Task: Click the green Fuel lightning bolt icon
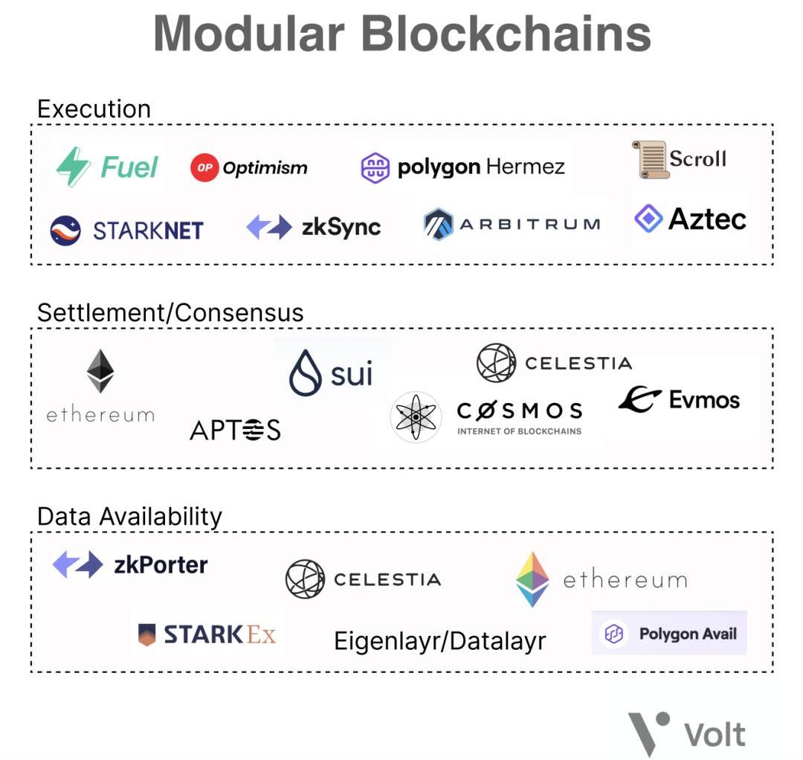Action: [73, 167]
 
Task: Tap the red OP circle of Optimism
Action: [204, 167]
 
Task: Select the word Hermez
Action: [525, 167]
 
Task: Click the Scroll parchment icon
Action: [650, 160]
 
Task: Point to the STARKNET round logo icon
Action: [65, 231]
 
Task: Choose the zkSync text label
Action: [341, 227]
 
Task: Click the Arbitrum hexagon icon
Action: [439, 225]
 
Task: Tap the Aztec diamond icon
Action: [648, 218]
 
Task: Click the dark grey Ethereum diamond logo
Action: [100, 371]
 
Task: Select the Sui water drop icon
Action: [306, 373]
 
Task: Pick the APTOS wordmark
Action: [235, 430]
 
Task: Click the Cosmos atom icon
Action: [416, 417]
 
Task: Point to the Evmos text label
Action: [704, 399]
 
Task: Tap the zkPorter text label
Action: [161, 565]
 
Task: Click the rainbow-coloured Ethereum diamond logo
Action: [532, 579]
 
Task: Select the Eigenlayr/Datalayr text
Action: [440, 641]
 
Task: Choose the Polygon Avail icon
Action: [614, 634]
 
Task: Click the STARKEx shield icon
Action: [147, 634]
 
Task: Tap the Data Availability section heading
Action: [129, 516]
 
